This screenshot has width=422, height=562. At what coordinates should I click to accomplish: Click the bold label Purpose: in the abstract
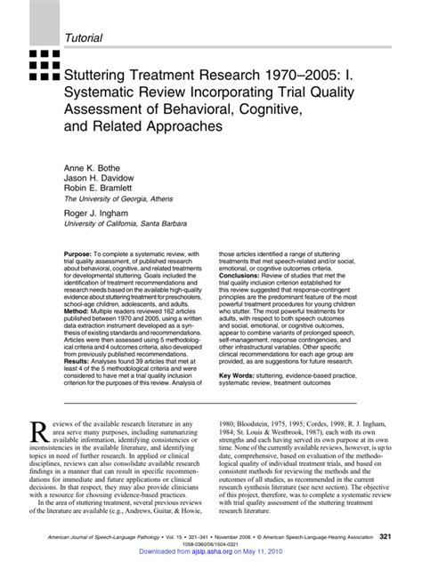click(81, 254)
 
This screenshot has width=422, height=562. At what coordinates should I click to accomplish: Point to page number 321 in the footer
click(387, 536)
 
